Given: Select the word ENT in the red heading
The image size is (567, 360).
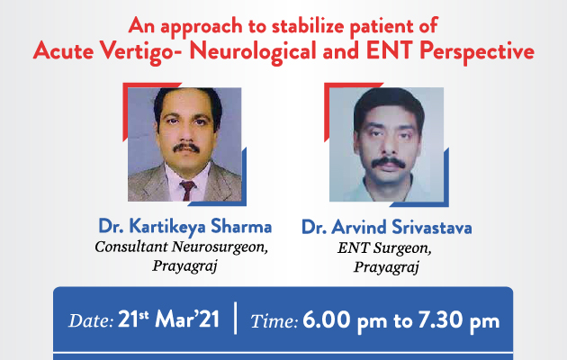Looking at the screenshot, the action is pos(389,50).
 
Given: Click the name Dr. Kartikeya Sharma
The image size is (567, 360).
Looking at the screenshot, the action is pos(185,227).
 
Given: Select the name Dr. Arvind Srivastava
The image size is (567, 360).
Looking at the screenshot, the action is pos(387,228).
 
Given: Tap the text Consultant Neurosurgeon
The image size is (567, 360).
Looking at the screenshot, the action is pos(182,247).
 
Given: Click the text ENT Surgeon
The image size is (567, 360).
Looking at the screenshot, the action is pos(384,248).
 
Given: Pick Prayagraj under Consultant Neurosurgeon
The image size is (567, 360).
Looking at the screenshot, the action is pos(184,266).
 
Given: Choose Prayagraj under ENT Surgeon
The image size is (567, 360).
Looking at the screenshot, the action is pos(386,268).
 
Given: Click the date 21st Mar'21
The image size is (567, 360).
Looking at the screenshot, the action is pos(168,319).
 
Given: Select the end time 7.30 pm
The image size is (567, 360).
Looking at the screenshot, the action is pos(459,320).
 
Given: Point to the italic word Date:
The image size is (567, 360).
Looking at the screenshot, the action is pos(91,320).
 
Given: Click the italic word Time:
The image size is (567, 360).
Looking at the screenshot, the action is pos(274,321).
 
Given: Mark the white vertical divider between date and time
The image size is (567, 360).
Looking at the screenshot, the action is pos(236,318).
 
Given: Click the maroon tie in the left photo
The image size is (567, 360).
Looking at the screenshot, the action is pos(188,190).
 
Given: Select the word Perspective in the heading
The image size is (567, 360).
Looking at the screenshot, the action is pos(477,52).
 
